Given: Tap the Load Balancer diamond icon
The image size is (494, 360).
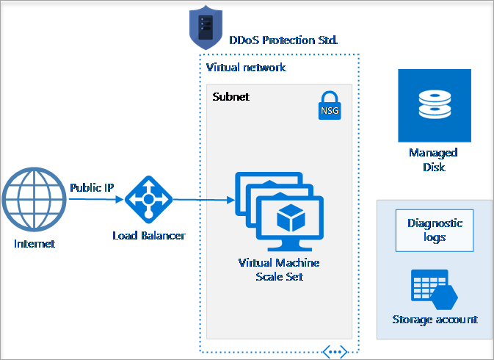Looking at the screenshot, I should coord(148,199).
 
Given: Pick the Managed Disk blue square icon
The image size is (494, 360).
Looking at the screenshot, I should coord(433,106).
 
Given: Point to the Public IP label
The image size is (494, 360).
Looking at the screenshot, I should coord(92,187).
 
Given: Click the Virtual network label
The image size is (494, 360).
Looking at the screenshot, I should coord(246,68).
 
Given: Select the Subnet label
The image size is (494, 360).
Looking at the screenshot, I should coord(230,96).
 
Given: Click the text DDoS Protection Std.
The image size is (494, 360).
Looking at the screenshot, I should coord(283,40).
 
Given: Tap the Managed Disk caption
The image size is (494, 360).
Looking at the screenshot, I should coord(433,159).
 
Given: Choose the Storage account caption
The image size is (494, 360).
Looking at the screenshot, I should coord(435,320).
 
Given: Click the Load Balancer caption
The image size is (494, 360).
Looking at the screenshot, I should coord(148,236).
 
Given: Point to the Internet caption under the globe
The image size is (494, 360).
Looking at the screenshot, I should coord(34,244).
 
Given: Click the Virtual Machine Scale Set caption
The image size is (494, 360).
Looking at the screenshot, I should coord(279,270).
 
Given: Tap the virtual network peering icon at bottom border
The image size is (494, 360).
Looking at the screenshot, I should coord(334,353).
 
